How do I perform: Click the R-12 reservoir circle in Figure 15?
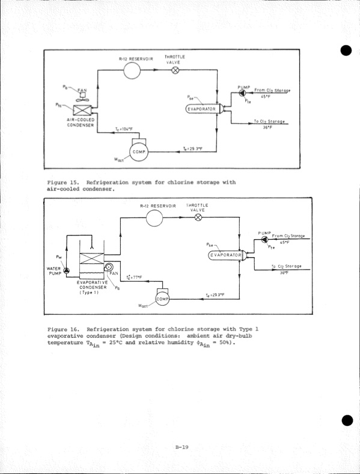click(132, 70)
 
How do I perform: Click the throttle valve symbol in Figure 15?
click(175, 70)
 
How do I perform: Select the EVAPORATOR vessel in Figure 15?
click(204, 109)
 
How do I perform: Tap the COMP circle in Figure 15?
click(135, 153)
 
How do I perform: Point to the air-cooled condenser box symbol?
click(81, 111)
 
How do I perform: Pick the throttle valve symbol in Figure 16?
click(198, 217)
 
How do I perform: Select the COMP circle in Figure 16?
click(162, 299)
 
